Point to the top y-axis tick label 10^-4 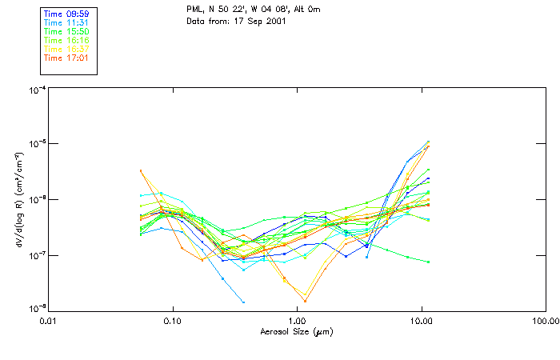pos(35,90)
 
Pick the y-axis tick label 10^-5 pos(35,145)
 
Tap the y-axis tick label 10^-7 pos(35,255)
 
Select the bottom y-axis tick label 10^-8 pos(35,308)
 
